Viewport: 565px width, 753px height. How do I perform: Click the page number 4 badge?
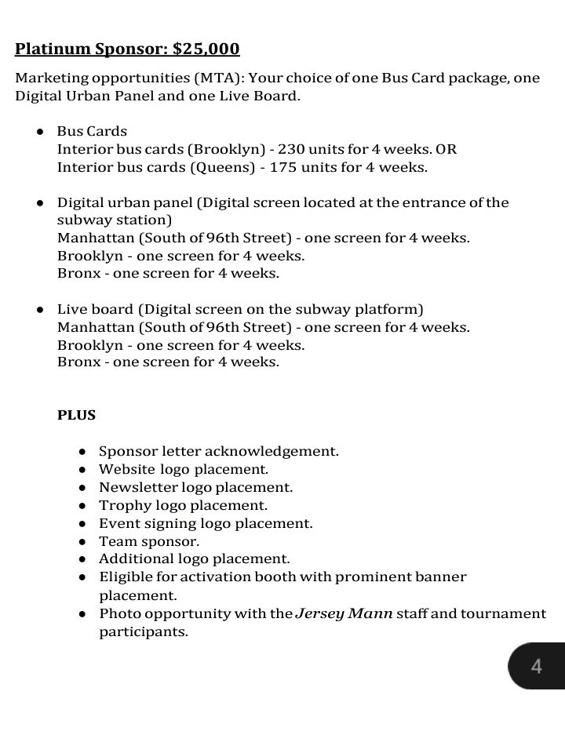pos(536,667)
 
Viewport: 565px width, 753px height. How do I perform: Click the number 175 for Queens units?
pos(283,167)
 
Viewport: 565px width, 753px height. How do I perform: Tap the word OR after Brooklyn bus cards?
pos(447,149)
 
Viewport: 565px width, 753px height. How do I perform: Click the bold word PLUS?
pos(76,415)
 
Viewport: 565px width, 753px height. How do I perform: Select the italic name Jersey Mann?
pos(344,613)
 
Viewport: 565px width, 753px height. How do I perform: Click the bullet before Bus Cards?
pos(39,132)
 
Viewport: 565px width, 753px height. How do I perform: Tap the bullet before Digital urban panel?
pos(39,203)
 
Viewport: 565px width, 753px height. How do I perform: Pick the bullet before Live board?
pos(39,310)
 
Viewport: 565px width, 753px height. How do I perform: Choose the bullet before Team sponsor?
pos(82,541)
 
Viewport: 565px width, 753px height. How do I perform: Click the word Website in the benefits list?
pos(126,469)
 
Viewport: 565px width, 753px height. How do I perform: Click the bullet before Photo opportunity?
pos(82,614)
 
